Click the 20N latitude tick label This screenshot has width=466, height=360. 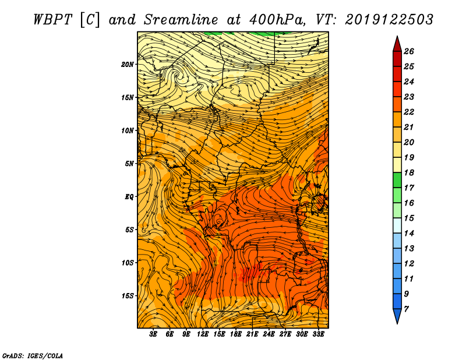(128, 64)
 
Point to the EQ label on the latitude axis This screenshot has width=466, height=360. (129, 196)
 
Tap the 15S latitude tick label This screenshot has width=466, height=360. (128, 296)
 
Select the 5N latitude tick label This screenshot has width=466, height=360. (129, 164)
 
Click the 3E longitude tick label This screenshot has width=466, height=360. (153, 334)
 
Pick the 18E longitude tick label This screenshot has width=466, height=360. (236, 334)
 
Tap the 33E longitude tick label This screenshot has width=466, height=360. (318, 334)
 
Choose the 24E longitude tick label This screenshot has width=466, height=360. (269, 334)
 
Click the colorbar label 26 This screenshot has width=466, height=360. (409, 51)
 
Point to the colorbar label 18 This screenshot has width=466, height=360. (409, 172)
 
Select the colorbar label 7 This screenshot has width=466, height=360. (406, 309)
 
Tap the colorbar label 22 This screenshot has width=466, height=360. (409, 112)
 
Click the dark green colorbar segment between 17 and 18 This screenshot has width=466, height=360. (397, 180)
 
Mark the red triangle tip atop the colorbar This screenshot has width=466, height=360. (397, 36)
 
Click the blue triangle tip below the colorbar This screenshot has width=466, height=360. (397, 323)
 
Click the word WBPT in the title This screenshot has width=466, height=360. (52, 20)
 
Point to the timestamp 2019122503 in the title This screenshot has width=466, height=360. (389, 20)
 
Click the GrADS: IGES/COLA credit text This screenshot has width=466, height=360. (33, 355)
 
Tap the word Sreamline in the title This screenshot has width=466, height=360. (181, 20)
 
